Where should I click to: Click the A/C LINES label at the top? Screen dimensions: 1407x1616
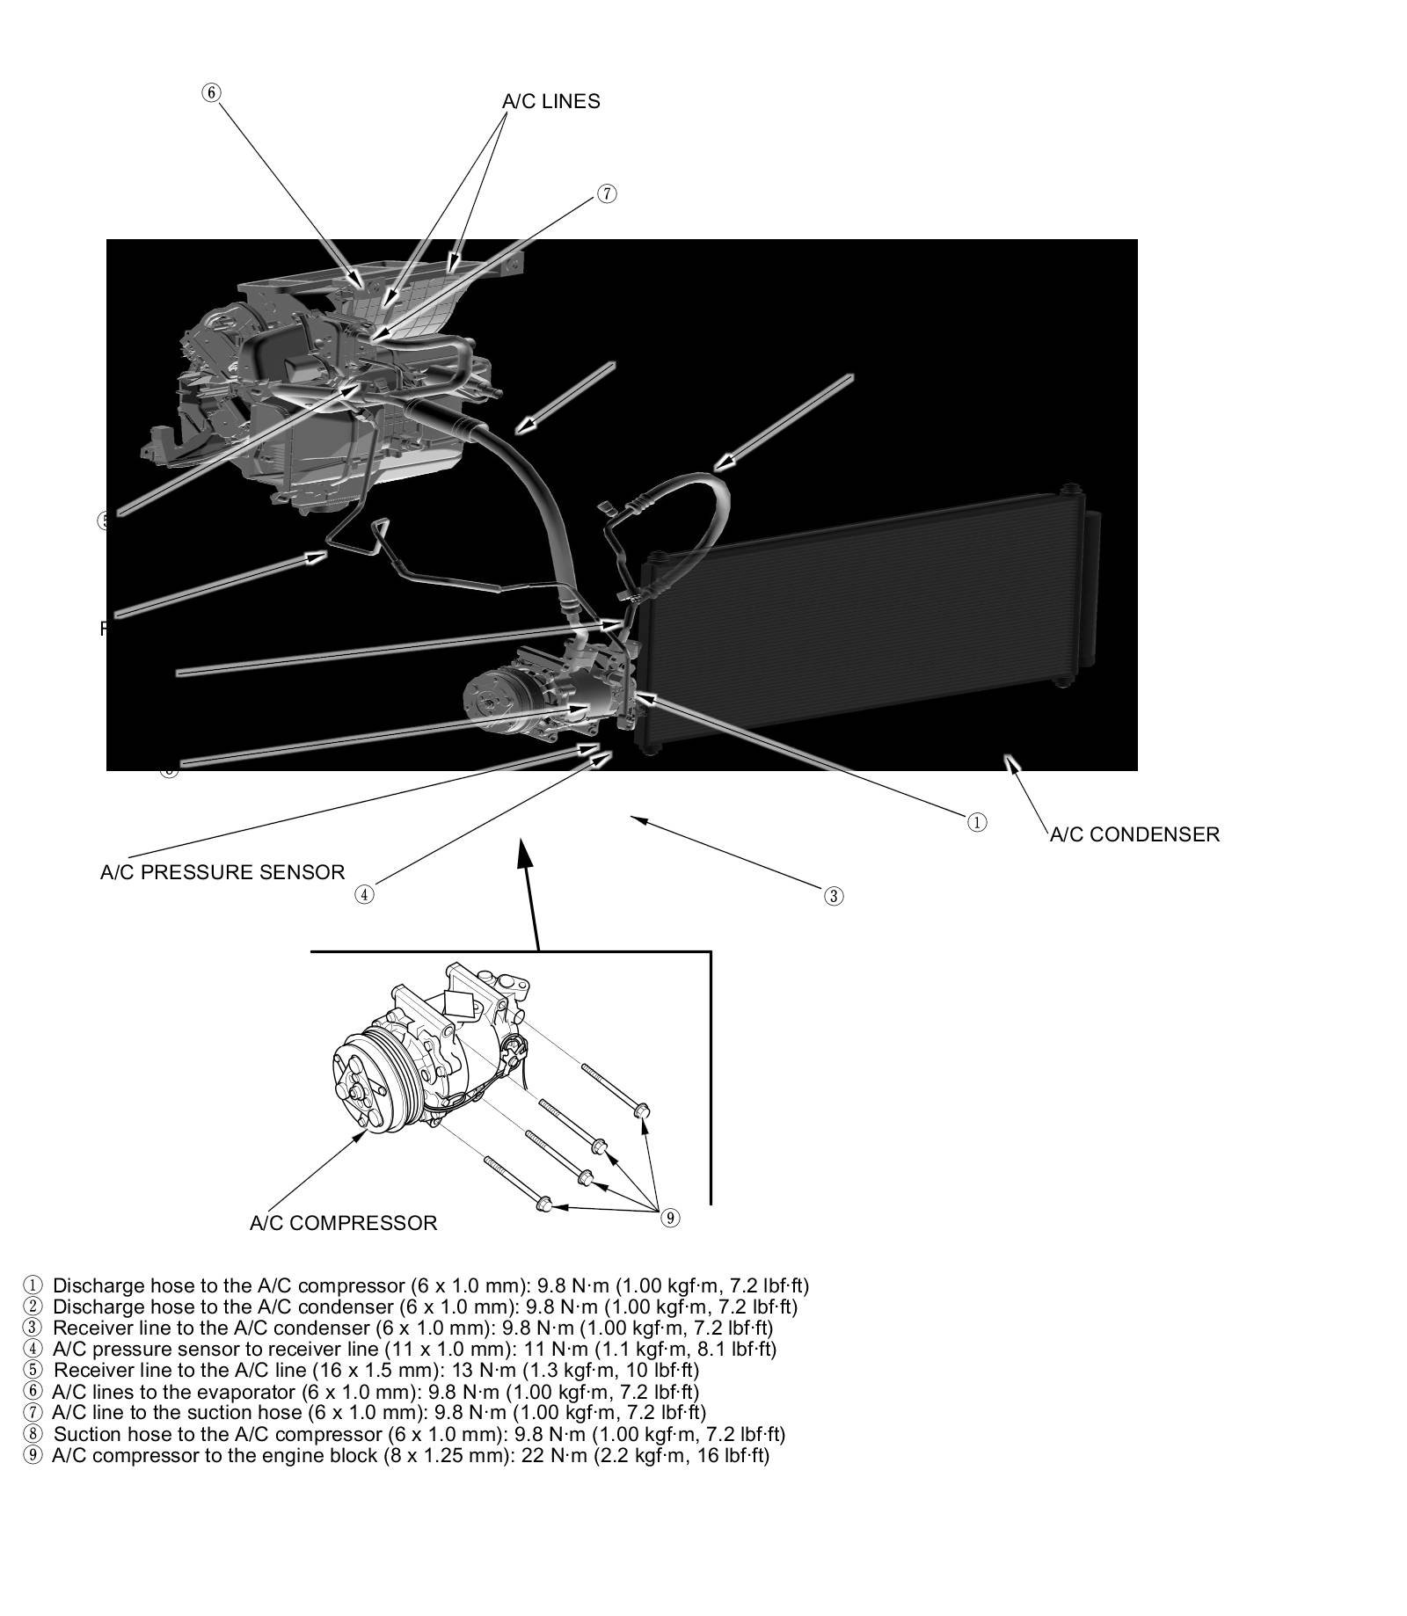click(550, 101)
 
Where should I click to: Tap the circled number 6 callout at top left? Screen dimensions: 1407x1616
click(211, 92)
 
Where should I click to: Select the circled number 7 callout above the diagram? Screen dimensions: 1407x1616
click(607, 193)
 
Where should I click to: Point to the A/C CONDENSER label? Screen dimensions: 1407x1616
click(1134, 834)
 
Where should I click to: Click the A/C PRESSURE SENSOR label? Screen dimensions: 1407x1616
click(222, 872)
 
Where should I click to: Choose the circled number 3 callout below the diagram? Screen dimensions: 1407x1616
click(834, 896)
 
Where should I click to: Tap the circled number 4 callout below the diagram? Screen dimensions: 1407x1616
click(364, 894)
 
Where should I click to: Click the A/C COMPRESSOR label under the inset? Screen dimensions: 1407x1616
click(343, 1223)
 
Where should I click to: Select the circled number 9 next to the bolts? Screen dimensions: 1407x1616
click(670, 1218)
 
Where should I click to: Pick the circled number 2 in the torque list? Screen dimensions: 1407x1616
click(33, 1307)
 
